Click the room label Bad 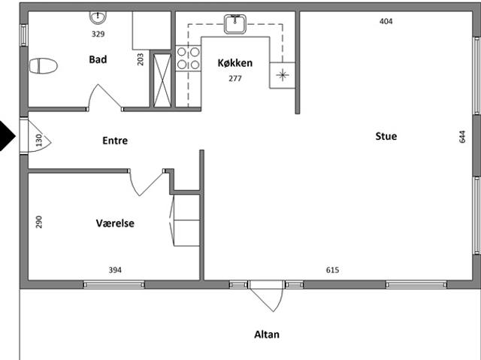pos(98,59)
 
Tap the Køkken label pos(235,63)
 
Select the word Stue pos(386,136)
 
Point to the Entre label pos(115,141)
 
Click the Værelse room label pos(115,223)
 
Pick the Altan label pos(267,334)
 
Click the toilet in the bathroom pos(44,66)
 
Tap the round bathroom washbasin pos(98,17)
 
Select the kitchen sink pos(235,24)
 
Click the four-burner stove pos(189,59)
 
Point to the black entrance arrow pos(7,136)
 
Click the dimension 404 pos(386,21)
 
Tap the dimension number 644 pos(462,137)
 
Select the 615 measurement pos(332,270)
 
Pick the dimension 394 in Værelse pos(115,270)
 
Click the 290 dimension pos(38,222)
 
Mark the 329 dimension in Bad pos(98,34)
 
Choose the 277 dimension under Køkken pos(235,78)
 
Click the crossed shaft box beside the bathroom pos(162,80)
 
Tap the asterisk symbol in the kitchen pos(283,75)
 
